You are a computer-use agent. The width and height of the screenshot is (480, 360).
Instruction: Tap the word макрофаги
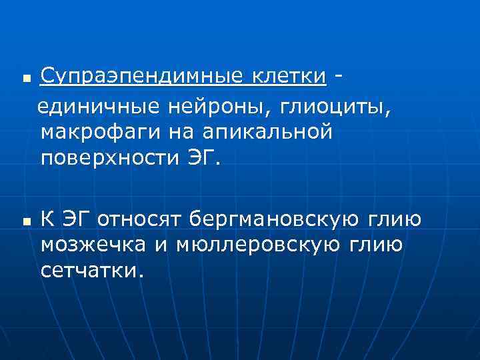click(x=107, y=133)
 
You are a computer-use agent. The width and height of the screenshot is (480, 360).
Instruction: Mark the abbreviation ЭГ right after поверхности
click(x=204, y=160)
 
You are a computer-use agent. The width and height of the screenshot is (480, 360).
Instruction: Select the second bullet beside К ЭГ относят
click(x=26, y=219)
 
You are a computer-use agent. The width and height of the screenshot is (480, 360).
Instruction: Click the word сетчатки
click(x=92, y=272)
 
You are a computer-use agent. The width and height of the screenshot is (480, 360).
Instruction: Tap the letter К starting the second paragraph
click(x=47, y=217)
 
